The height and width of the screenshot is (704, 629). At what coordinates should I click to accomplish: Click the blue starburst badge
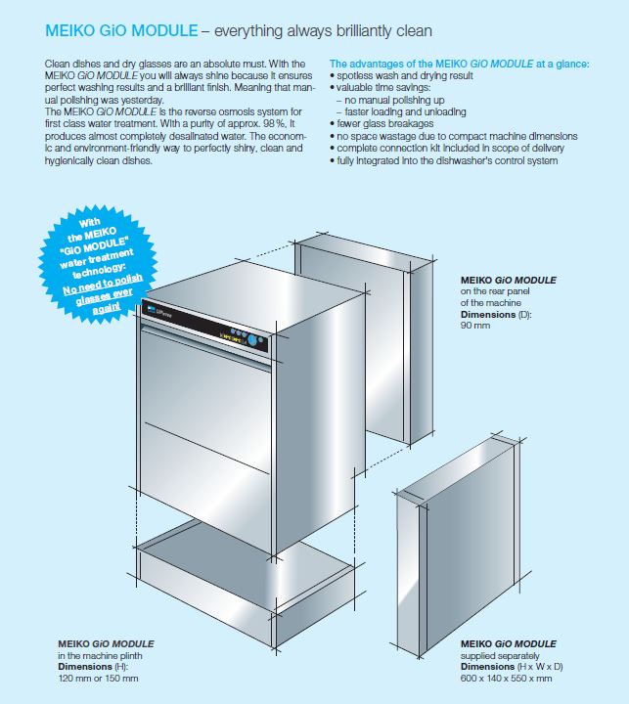pyautogui.click(x=98, y=265)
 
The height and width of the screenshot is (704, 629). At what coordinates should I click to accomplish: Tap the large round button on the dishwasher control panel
pyautogui.click(x=253, y=340)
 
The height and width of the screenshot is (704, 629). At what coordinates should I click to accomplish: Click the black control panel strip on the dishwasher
pyautogui.click(x=205, y=326)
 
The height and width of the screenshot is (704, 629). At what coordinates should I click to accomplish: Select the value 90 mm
pyautogui.click(x=475, y=325)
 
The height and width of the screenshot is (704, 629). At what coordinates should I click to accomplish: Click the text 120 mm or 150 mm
pyautogui.click(x=98, y=678)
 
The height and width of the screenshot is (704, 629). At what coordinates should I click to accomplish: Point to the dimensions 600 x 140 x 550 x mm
pyautogui.click(x=506, y=678)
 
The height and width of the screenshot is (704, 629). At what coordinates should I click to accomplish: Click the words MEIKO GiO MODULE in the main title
pyautogui.click(x=121, y=30)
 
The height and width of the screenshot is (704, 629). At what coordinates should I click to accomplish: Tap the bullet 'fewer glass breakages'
pyautogui.click(x=382, y=123)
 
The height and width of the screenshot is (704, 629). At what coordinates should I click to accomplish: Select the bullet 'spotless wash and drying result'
pyautogui.click(x=401, y=75)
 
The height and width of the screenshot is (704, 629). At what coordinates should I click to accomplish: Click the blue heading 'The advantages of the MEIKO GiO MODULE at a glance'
pyautogui.click(x=459, y=64)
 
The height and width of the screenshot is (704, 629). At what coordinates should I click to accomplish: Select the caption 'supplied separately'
pyautogui.click(x=500, y=655)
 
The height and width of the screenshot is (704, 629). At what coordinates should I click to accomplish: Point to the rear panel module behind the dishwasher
pyautogui.click(x=364, y=341)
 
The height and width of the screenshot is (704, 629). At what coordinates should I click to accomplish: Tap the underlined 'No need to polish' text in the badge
pyautogui.click(x=103, y=285)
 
